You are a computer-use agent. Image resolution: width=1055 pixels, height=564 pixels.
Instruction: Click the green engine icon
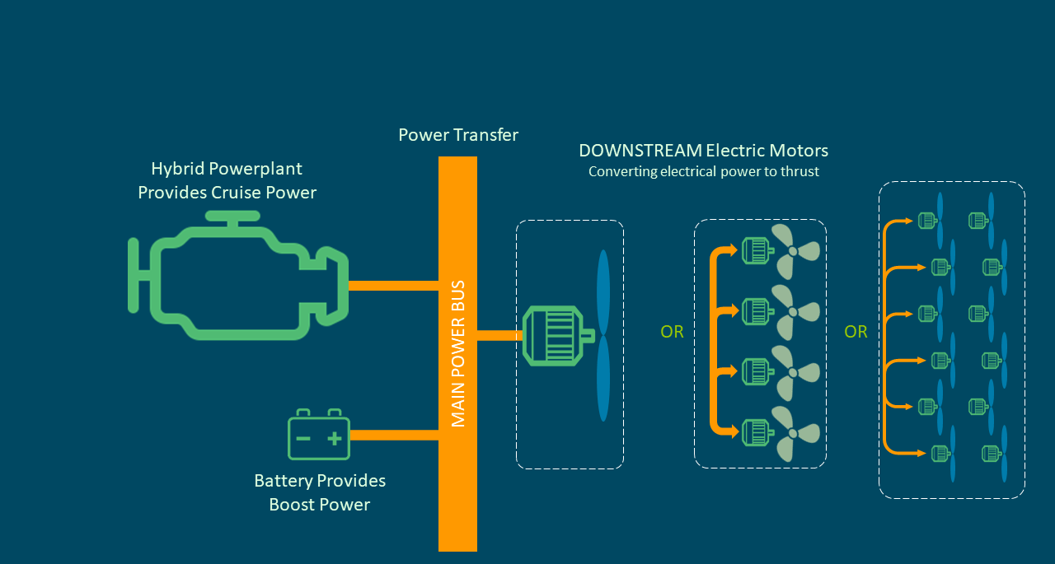click(x=239, y=276)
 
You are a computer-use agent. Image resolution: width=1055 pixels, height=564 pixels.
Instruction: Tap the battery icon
click(x=319, y=436)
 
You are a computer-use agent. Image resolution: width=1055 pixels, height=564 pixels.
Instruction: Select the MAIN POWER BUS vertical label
click(x=458, y=354)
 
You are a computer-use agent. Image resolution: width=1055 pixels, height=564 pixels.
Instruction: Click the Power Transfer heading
click(x=458, y=135)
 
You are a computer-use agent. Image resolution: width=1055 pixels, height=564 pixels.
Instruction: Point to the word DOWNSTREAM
click(x=640, y=151)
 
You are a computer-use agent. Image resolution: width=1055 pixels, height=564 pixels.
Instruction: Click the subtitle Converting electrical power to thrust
click(x=703, y=172)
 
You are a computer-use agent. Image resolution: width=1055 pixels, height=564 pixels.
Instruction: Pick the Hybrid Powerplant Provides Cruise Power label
click(x=227, y=180)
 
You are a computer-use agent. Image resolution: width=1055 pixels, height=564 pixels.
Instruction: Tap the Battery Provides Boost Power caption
click(x=320, y=492)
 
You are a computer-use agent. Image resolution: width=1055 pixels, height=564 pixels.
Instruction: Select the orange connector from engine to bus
click(x=393, y=286)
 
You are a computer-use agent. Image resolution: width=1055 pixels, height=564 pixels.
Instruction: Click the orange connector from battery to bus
click(x=394, y=435)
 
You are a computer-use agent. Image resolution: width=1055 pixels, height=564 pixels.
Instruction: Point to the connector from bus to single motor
click(x=499, y=335)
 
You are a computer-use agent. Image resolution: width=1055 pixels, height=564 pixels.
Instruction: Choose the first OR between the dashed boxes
click(x=672, y=332)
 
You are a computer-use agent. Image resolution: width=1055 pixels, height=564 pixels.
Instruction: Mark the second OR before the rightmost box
click(x=856, y=332)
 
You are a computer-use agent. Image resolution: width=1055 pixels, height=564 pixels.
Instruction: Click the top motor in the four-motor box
click(x=755, y=250)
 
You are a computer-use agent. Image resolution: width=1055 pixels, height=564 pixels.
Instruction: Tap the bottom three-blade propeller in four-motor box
click(x=795, y=431)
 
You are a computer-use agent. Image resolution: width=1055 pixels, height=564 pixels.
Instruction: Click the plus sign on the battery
click(x=334, y=437)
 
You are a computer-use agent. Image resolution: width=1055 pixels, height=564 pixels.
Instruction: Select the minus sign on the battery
click(x=303, y=437)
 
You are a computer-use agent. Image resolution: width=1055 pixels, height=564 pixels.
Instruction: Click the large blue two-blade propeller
click(x=603, y=335)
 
